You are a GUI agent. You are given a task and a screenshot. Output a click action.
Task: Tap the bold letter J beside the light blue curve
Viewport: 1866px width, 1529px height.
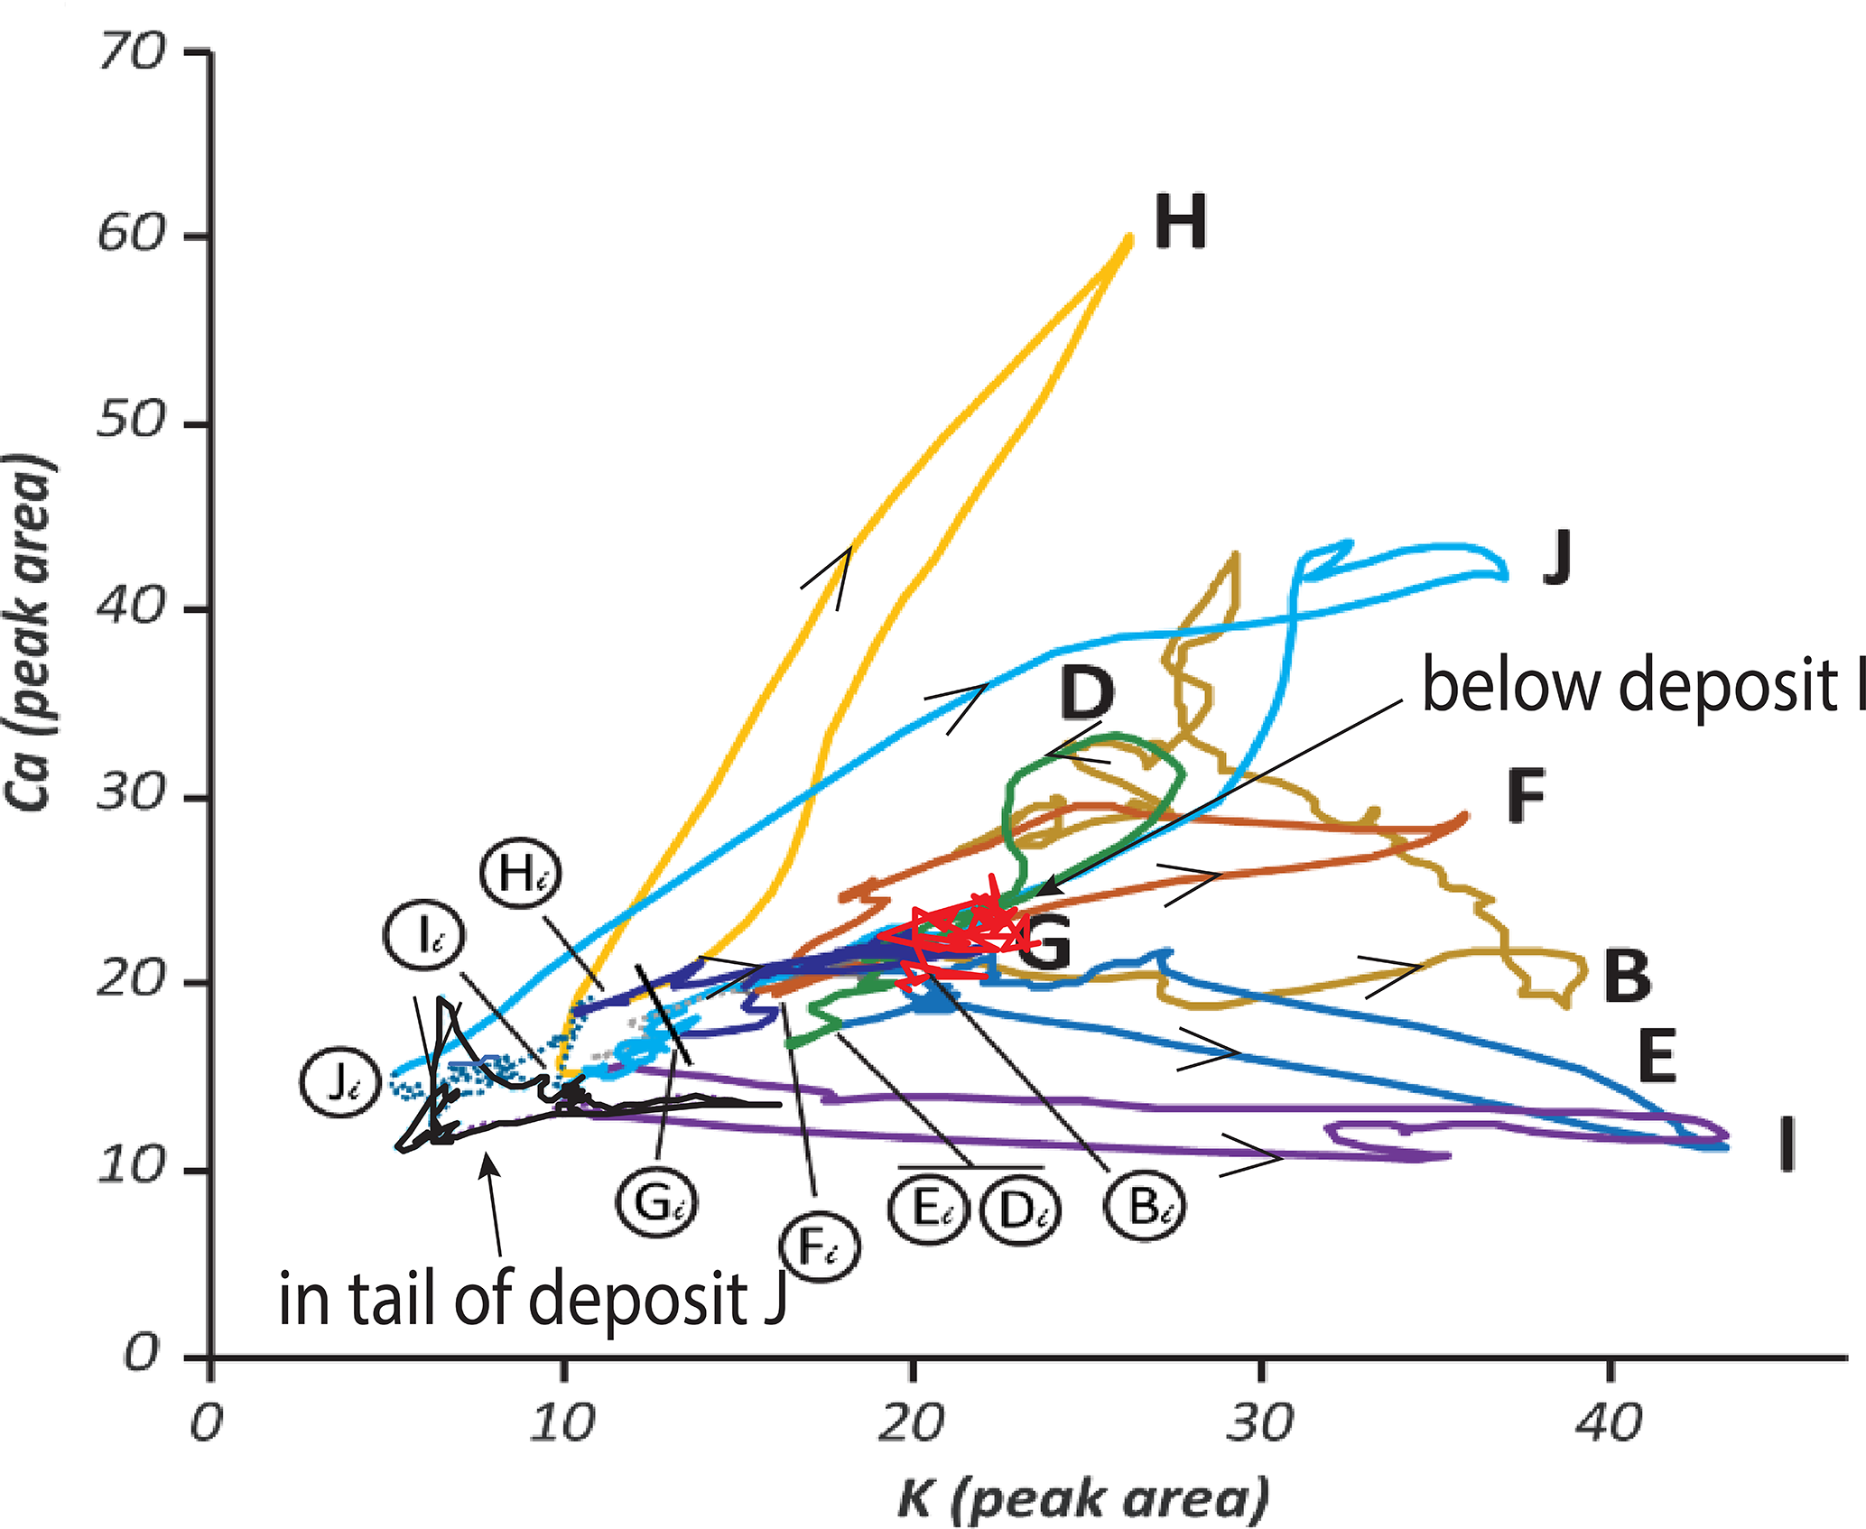(x=1557, y=558)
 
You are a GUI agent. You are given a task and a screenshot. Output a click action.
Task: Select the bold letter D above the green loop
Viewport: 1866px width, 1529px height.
(x=1086, y=692)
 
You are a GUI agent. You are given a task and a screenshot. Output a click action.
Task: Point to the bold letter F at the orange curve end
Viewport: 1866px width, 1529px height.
(x=1526, y=795)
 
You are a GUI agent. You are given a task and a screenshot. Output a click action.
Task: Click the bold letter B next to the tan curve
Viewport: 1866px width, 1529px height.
(x=1628, y=977)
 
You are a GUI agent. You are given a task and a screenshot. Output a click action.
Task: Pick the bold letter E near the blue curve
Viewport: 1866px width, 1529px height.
(x=1657, y=1055)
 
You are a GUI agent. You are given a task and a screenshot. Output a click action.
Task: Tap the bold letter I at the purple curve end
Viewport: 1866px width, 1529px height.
(x=1785, y=1144)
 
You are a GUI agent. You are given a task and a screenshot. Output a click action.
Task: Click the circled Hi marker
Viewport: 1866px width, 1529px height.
(x=520, y=875)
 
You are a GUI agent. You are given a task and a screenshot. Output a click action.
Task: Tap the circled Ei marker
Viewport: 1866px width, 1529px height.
(x=927, y=1209)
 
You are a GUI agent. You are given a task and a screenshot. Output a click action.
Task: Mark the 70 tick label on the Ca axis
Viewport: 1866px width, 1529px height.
(x=130, y=53)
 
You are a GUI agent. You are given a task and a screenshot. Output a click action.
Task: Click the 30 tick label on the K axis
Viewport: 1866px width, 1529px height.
(x=1258, y=1425)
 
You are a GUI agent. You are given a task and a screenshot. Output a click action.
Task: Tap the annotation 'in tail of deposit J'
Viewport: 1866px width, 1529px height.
(x=533, y=1300)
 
